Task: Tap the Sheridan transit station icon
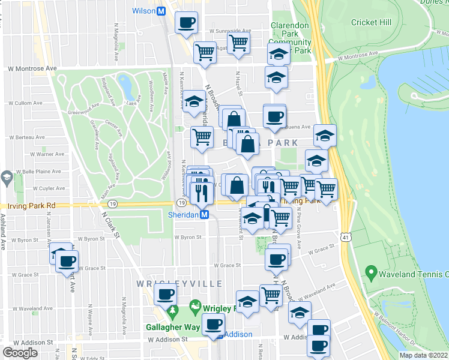[204, 214]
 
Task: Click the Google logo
[20, 353]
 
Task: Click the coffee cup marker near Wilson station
[186, 23]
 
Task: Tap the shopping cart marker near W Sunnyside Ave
[238, 43]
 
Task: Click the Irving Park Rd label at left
[28, 205]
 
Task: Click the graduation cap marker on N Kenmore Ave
[194, 101]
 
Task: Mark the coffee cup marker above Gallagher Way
[165, 294]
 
